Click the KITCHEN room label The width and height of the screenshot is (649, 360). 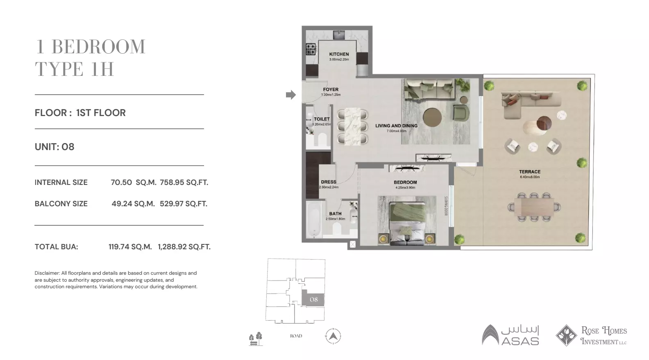click(x=339, y=54)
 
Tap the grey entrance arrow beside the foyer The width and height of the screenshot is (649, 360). click(x=290, y=95)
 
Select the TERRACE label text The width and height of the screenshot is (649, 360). click(x=529, y=172)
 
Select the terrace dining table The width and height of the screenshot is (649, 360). click(x=533, y=207)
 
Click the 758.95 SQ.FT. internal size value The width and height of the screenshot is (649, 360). click(x=184, y=182)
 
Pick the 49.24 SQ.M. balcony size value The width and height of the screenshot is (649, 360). click(x=133, y=204)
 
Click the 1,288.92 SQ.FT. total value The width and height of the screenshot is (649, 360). click(x=184, y=247)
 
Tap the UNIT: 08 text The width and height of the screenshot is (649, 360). click(x=54, y=147)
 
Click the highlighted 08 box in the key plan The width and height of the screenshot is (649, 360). click(x=313, y=299)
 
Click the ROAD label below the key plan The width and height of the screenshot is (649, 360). click(x=296, y=336)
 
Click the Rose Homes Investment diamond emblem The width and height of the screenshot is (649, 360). click(x=566, y=335)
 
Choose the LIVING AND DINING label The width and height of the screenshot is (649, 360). click(x=396, y=126)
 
